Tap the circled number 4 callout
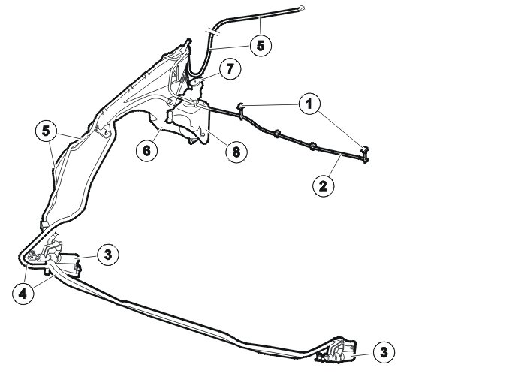click(24, 294)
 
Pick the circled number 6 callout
click(146, 149)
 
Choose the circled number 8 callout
click(236, 151)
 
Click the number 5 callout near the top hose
click(260, 45)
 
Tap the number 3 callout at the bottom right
click(384, 351)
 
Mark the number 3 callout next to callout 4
click(108, 255)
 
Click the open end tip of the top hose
click(301, 8)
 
